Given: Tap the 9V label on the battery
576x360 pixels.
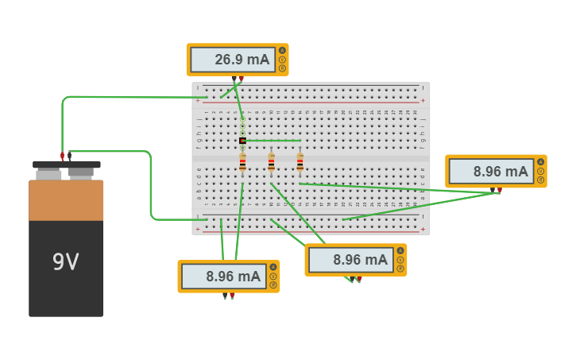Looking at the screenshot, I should [66, 261].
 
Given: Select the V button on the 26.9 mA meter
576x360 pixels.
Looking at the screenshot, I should [282, 60].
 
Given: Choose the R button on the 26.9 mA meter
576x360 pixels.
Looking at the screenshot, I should [282, 68].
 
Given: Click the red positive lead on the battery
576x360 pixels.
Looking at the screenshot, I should [62, 156].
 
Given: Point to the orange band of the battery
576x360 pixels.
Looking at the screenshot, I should [66, 200].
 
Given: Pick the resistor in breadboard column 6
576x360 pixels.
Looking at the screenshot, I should [242, 163].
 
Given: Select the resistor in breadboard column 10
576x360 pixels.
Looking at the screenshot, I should [271, 163].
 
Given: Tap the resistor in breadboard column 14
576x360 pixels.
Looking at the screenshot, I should [300, 163].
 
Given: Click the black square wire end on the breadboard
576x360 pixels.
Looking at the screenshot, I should [242, 141].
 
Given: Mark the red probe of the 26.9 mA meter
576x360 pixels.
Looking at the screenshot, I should [241, 79].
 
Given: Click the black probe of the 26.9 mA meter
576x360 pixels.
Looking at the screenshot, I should [234, 79].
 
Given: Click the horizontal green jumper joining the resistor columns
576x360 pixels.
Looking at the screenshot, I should [272, 141].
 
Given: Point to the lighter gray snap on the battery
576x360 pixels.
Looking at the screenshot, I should [48, 172].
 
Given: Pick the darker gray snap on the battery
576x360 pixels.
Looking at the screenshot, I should [81, 172].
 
